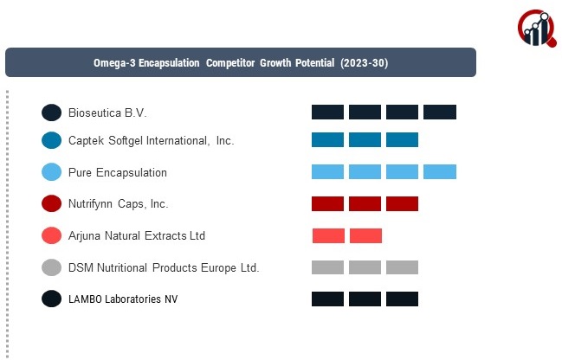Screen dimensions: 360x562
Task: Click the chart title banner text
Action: (241, 63)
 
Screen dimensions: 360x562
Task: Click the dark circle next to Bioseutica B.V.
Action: (52, 112)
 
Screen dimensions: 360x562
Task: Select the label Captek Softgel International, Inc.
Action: (152, 140)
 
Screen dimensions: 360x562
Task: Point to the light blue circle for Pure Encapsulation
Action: (52, 172)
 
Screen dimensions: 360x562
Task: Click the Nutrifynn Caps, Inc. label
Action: (119, 204)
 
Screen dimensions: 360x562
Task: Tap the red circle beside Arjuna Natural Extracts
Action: (52, 235)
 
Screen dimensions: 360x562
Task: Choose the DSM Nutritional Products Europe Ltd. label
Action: (164, 267)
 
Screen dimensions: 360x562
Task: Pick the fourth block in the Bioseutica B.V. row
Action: (440, 112)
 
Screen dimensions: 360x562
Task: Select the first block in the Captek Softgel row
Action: (328, 140)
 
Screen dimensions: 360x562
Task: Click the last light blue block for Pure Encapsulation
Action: (440, 172)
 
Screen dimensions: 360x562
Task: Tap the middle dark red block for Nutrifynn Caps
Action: (365, 204)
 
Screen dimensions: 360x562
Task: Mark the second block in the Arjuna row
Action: (365, 235)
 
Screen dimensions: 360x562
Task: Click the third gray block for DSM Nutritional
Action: (403, 267)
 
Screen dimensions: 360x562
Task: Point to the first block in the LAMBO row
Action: (328, 299)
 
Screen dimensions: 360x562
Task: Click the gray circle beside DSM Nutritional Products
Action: (52, 267)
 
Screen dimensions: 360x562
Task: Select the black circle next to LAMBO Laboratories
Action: (52, 299)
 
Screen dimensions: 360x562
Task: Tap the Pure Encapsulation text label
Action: (118, 172)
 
